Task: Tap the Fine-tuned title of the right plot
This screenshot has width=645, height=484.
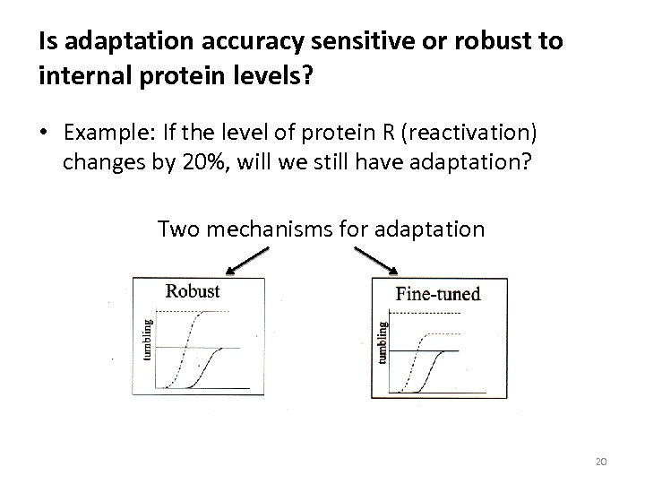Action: pos(438,293)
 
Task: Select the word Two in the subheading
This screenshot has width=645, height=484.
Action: pos(176,229)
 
